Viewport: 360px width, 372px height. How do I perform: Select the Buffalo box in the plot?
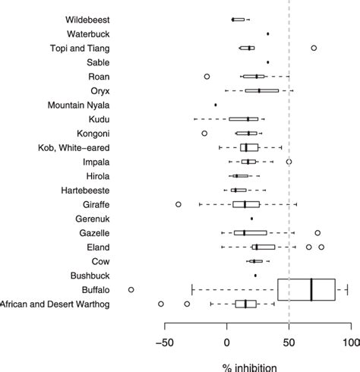(x=306, y=289)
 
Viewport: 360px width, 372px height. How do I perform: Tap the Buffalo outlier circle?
(x=131, y=289)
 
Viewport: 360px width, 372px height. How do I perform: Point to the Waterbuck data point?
(x=268, y=34)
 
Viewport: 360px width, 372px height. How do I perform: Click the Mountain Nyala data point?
(x=216, y=105)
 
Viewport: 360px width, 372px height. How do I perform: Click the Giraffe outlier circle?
(x=178, y=204)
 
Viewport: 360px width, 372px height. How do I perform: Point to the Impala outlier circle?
(x=289, y=162)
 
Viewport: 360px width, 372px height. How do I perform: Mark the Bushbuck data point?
(x=255, y=276)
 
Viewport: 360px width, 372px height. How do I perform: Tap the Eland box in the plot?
(x=264, y=247)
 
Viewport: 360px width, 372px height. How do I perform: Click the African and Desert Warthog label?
(x=55, y=304)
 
